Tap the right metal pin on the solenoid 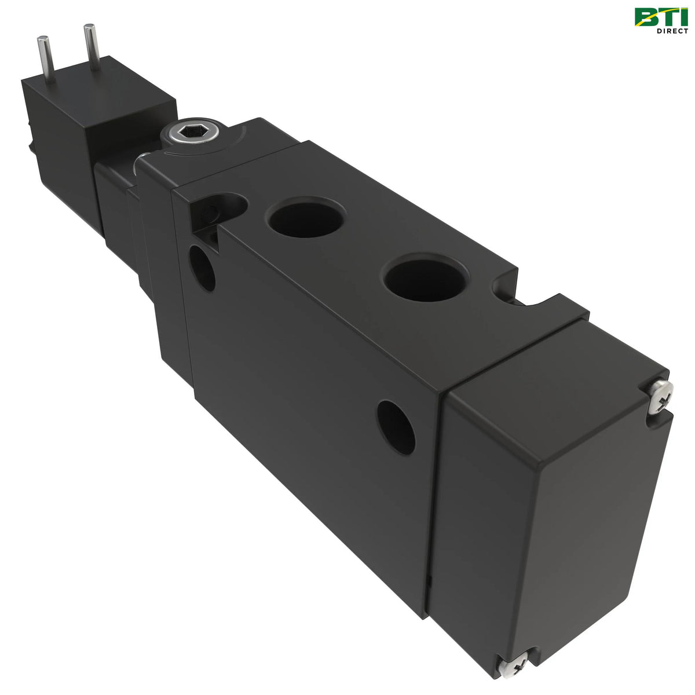click(x=92, y=46)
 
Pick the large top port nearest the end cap click(x=425, y=280)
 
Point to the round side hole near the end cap click(x=396, y=427)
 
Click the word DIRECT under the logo click(x=672, y=31)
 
